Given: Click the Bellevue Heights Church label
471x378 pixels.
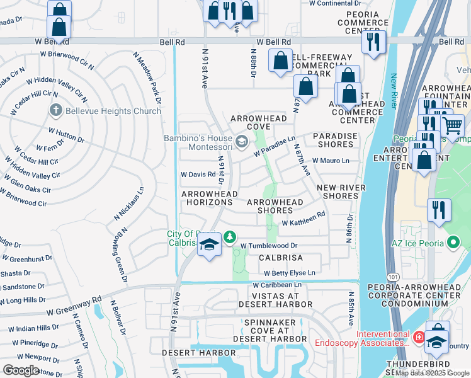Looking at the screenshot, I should point(112,111).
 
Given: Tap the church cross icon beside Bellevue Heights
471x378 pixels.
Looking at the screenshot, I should point(55,111).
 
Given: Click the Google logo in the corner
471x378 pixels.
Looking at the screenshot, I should point(21,370).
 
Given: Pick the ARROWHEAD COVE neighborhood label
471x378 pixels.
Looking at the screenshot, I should point(259,123).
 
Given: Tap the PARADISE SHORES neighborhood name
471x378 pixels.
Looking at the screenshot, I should point(335,140).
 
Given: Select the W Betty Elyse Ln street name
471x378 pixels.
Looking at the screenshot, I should point(289,273).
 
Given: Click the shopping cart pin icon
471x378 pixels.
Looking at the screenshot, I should point(452,126).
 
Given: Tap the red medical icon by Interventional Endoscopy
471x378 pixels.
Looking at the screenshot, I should point(419,338).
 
